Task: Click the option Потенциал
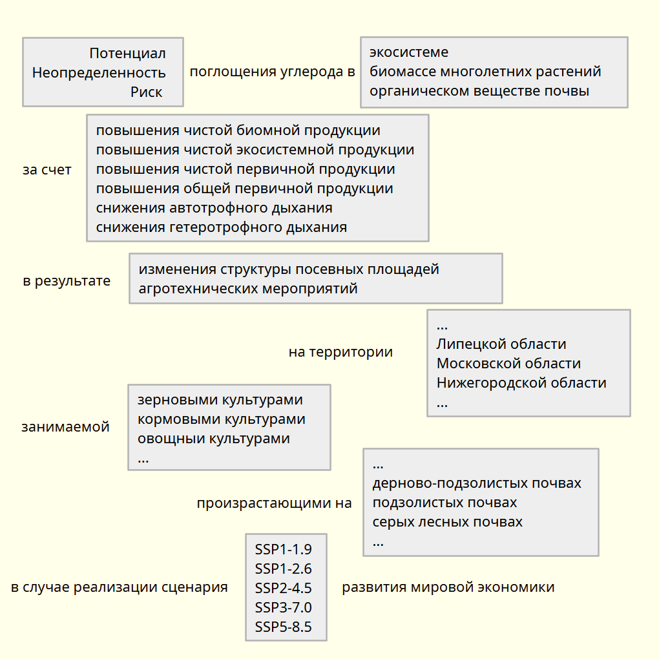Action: click(127, 53)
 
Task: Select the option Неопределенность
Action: click(99, 72)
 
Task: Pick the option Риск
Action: click(147, 92)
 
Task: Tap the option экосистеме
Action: click(409, 52)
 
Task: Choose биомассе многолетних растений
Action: click(485, 71)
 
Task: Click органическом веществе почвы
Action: click(479, 90)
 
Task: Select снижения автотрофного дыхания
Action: click(214, 208)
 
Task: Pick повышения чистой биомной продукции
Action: click(238, 130)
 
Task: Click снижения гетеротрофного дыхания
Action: click(222, 227)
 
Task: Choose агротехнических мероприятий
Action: click(248, 288)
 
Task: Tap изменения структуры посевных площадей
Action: click(289, 269)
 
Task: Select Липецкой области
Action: click(501, 344)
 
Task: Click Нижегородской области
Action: click(521, 382)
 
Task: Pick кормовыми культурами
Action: click(222, 419)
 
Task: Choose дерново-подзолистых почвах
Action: click(477, 483)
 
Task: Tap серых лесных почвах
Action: click(448, 522)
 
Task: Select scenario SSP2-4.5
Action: click(284, 588)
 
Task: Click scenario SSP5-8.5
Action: click(284, 627)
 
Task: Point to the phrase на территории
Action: click(340, 352)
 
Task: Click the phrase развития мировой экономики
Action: click(448, 587)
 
